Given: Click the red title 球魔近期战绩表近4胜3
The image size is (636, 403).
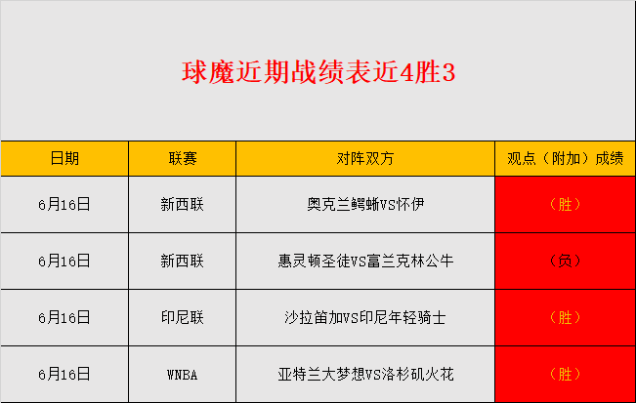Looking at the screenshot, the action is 318,72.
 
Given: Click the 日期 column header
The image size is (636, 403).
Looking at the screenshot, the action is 64,158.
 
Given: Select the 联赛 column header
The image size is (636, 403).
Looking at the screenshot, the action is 183,158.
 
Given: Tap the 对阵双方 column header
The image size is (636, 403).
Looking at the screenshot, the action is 365,158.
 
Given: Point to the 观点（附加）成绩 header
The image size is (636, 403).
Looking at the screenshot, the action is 565,158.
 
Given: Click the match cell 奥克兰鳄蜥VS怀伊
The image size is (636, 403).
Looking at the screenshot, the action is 365,205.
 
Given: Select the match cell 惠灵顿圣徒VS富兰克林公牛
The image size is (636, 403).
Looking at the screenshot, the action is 365,262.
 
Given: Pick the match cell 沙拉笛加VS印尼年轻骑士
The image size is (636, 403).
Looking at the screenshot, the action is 365,317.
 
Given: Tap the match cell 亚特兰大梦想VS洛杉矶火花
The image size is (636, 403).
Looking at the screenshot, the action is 365,375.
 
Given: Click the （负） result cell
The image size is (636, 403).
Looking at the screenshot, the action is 565,262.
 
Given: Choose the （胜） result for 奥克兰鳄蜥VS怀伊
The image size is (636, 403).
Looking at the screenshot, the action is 565,205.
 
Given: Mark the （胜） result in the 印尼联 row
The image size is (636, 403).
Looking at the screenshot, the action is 565,317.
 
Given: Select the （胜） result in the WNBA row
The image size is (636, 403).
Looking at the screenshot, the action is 565,375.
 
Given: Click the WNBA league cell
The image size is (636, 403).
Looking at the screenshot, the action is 183,375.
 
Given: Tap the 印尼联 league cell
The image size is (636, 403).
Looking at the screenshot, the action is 183,317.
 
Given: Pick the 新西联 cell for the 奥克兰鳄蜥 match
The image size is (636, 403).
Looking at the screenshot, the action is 183,205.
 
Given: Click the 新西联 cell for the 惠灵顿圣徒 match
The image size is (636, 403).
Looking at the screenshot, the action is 183,262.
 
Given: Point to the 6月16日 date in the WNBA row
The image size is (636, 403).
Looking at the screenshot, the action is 64,375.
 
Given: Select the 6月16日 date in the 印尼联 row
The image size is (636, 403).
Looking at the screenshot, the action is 64,317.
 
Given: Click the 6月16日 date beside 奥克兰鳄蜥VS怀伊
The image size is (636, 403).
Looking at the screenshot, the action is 64,205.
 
